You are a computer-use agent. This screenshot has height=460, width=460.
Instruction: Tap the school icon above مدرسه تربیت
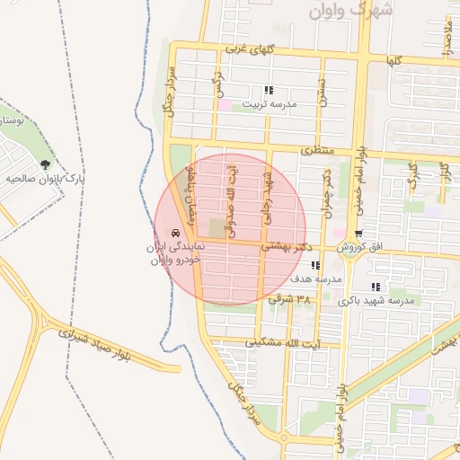point(268,90)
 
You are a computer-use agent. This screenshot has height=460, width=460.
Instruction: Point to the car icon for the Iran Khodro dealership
point(172,233)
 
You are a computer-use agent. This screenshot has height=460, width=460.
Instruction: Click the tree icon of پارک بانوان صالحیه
point(45,164)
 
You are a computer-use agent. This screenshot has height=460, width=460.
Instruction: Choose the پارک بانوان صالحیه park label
point(52,178)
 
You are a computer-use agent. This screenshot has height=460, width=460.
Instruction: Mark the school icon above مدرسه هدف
point(314,265)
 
